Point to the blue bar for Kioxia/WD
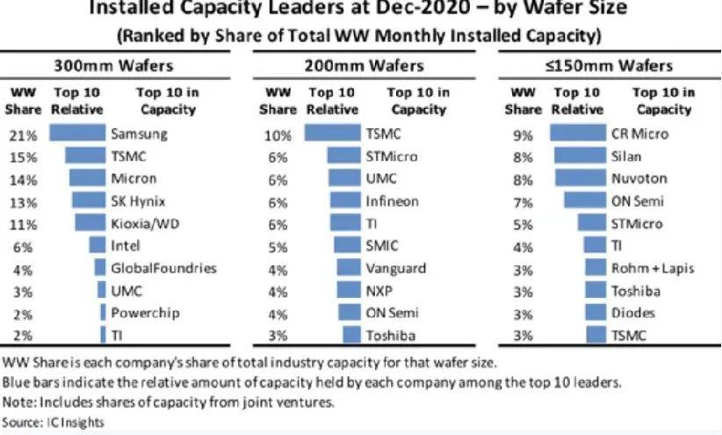pos(90,222)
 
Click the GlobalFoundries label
pos(163,267)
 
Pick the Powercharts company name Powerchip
pos(143,312)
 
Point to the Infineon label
pos(392,200)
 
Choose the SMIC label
pos(381,245)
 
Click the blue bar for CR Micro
pos(578,134)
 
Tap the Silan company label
pos(626,156)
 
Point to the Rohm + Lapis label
pos(652,267)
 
